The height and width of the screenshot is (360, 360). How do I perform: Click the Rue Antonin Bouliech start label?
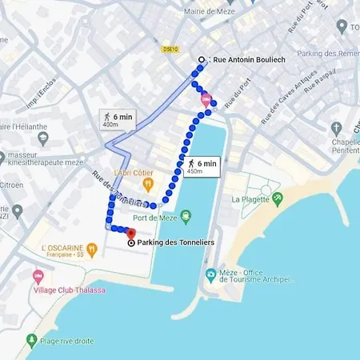248,60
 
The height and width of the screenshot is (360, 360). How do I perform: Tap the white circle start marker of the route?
202,60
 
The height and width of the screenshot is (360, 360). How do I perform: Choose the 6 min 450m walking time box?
200,166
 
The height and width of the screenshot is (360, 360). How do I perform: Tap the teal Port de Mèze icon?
186,214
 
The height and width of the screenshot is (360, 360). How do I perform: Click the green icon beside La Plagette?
278,198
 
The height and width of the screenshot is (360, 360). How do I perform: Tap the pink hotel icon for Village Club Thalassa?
38,275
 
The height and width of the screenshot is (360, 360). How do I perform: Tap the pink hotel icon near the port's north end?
206,101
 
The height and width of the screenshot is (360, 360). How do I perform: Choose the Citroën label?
10,186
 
